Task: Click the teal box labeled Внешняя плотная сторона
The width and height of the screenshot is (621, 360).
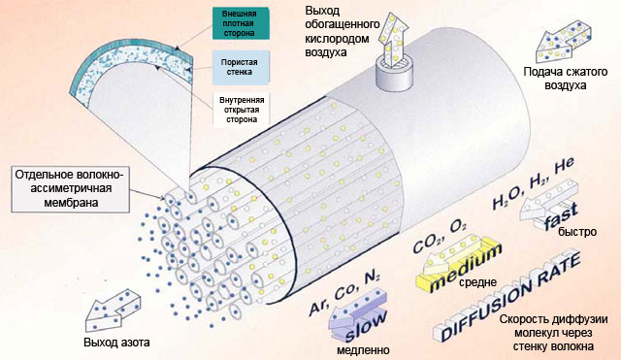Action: (241, 23)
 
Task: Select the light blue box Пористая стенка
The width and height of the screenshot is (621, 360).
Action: (241, 67)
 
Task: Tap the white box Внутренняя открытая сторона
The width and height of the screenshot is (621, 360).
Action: (242, 109)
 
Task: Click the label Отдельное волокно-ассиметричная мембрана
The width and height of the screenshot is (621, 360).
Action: (70, 189)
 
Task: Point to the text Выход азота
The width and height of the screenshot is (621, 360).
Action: (116, 343)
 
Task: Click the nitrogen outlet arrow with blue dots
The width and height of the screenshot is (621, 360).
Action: (113, 311)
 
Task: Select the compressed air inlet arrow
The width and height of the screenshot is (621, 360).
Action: (563, 42)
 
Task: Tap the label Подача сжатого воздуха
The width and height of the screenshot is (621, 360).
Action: (566, 79)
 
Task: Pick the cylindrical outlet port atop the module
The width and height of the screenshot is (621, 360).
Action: (394, 74)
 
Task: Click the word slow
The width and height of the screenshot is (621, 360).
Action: (365, 326)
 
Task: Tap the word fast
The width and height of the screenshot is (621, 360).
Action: (561, 217)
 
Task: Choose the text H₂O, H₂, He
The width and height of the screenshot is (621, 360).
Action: (533, 184)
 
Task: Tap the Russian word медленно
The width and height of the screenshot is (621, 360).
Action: (363, 350)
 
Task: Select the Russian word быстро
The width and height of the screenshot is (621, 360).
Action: (577, 232)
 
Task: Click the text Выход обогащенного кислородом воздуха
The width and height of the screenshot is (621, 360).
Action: (342, 32)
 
